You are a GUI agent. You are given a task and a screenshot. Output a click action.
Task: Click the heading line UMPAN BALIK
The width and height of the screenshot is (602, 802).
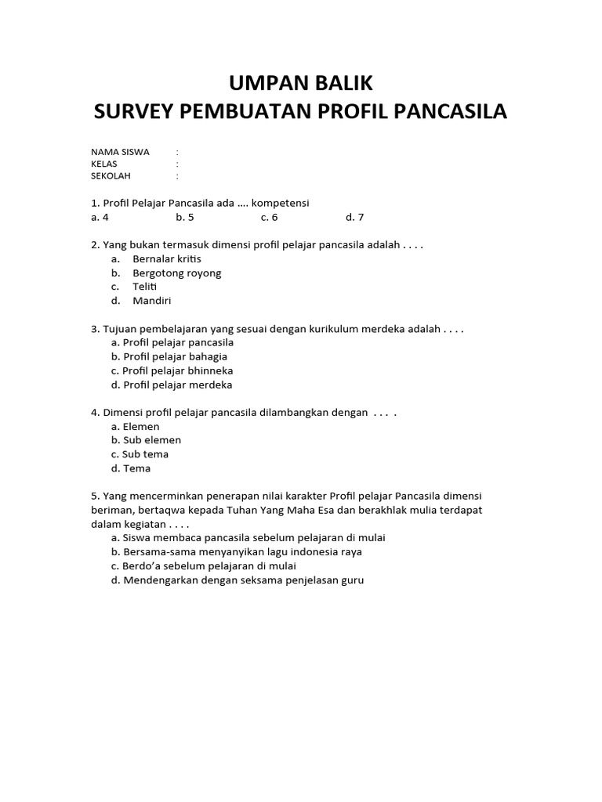(300, 82)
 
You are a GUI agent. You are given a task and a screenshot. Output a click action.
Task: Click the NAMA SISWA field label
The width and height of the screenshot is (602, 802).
(120, 152)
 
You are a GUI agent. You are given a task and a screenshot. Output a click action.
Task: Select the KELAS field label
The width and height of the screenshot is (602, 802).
(105, 164)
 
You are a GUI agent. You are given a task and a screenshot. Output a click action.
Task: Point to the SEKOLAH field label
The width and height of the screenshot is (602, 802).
(111, 176)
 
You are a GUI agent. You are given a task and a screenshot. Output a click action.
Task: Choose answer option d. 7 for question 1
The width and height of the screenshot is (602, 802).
(354, 217)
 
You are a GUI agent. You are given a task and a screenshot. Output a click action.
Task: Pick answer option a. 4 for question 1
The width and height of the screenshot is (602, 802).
(99, 217)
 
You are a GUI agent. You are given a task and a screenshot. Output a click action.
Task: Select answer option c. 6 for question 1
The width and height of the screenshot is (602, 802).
(269, 217)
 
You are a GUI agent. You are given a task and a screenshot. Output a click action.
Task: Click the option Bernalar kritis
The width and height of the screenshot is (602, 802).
(167, 258)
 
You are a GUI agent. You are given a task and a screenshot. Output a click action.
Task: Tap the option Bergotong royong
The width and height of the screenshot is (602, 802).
(177, 273)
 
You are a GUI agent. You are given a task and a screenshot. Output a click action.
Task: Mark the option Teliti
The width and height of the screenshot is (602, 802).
(145, 287)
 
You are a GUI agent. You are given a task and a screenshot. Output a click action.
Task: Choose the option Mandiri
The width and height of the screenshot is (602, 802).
(152, 301)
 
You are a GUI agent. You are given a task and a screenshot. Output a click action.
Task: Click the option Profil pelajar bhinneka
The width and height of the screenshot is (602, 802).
(172, 370)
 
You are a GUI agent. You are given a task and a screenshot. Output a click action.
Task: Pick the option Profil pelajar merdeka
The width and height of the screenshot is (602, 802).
(172, 385)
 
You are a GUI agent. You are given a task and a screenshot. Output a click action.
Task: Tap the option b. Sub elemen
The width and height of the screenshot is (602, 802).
(146, 440)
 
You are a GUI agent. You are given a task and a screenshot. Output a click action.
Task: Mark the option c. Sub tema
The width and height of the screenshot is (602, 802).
(140, 454)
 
